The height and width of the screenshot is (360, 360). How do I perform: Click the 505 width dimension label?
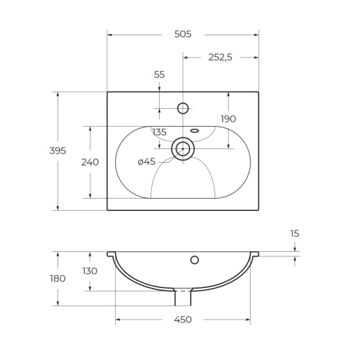[x=183, y=34]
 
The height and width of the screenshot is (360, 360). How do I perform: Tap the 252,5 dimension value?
[x=220, y=58]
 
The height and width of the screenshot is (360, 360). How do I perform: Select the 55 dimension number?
[x=159, y=75]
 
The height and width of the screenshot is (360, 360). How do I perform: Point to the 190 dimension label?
[x=228, y=119]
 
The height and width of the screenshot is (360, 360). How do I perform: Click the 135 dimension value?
[x=159, y=132]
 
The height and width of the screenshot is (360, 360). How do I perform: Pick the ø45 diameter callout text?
[x=147, y=162]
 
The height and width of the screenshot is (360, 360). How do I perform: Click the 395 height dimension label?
[x=58, y=150]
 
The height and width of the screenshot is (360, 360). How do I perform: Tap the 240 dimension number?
[x=90, y=162]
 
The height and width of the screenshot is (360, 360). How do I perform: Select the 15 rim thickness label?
[x=294, y=233]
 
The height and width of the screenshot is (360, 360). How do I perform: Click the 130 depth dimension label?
[x=90, y=271]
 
